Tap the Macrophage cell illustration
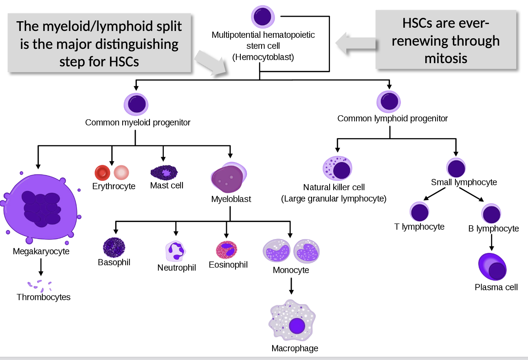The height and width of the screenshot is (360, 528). pos(292,322)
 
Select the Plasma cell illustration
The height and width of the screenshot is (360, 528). pos(492,267)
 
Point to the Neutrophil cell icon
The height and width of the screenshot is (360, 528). pos(176,251)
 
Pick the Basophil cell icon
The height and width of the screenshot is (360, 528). pos(114,247)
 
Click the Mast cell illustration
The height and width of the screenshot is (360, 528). pos(164,173)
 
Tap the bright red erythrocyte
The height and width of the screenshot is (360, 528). pos(102,173)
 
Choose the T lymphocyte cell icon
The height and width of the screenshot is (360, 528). pos(419,212)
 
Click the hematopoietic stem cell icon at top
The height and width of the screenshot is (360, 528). pos(263,16)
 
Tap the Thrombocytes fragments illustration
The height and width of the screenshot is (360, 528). pos(40,285)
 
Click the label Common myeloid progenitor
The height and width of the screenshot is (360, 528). pos(138,122)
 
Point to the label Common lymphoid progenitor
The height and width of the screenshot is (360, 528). pos(392,119)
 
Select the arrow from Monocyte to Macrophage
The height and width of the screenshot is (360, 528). pos(291,286)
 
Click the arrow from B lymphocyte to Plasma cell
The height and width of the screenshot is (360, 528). pos(492,242)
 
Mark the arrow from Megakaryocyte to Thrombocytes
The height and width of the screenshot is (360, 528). pos(40,267)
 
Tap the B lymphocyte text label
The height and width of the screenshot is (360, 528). pos(493,228)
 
